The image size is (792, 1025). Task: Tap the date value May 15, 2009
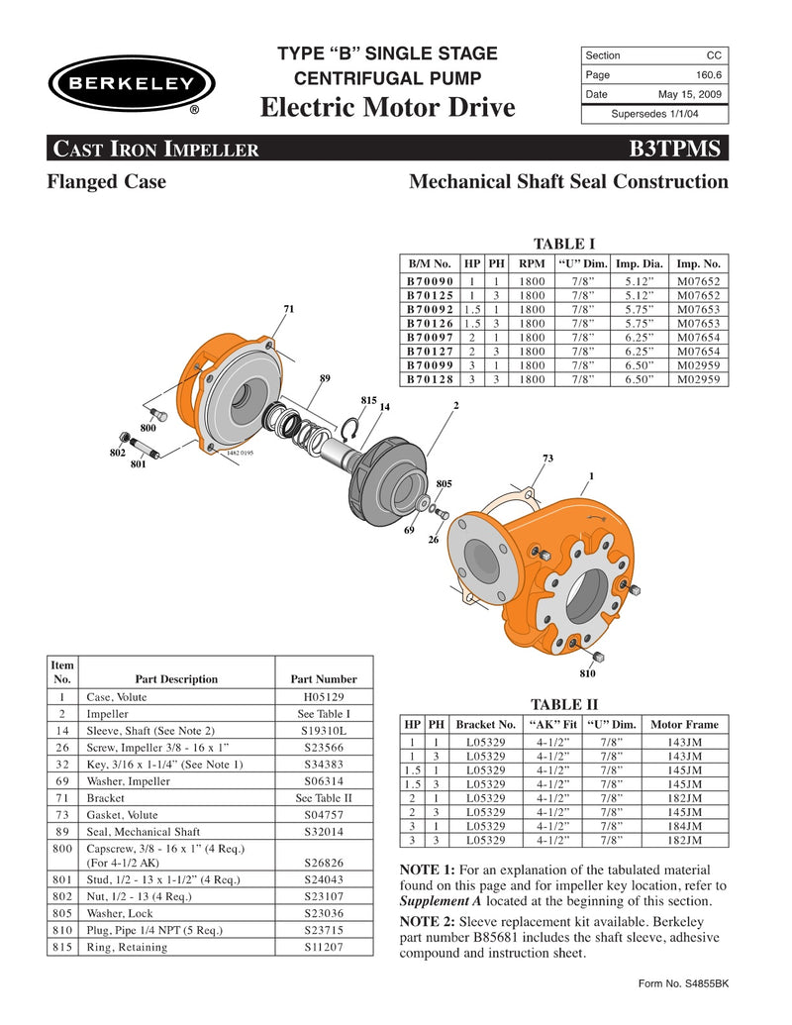[x=689, y=94]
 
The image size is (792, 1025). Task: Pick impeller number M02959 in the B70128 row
[x=699, y=379]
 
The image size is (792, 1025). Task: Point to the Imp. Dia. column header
[x=640, y=264]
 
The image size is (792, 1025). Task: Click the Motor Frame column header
[x=684, y=724]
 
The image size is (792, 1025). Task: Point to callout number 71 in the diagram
[x=288, y=310]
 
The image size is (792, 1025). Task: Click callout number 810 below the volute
[x=588, y=673]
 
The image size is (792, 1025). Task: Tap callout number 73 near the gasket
[x=547, y=459]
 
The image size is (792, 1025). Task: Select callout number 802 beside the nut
[x=116, y=452]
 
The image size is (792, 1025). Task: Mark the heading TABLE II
[x=564, y=704]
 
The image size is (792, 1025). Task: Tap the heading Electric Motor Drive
[x=388, y=107]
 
